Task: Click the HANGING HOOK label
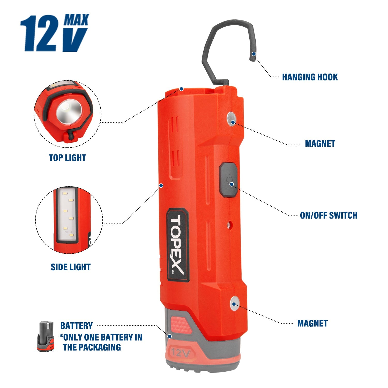point(310,77)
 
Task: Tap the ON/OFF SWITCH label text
point(329,215)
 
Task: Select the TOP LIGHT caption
point(67,158)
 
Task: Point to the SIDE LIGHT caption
point(71,267)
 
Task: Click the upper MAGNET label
point(320,144)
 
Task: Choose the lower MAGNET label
point(312,323)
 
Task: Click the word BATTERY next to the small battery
point(76,326)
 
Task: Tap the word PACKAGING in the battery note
point(99,347)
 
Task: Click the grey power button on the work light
point(228,180)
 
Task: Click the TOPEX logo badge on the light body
point(177,244)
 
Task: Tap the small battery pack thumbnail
point(46,336)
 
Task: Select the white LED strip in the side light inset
point(66,215)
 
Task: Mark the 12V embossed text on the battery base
point(181,353)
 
